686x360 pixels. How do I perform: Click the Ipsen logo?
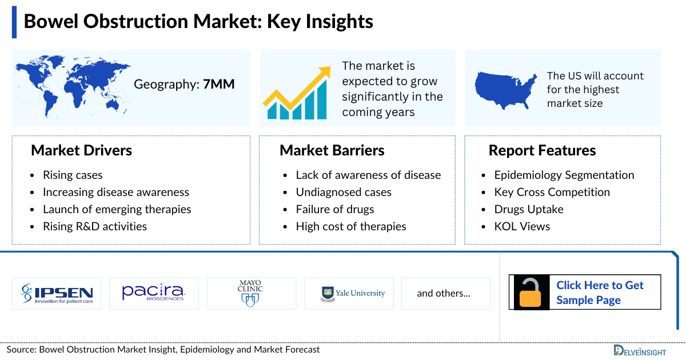[x=57, y=293]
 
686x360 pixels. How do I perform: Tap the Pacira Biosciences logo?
[x=154, y=293]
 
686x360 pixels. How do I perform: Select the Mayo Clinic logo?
[x=252, y=293]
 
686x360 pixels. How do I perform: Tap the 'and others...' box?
[x=444, y=293]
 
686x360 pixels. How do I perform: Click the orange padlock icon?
[x=530, y=293]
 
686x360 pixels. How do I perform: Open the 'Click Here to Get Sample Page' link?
[x=600, y=293]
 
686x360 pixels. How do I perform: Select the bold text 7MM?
[x=219, y=85]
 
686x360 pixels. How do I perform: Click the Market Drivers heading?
[x=81, y=150]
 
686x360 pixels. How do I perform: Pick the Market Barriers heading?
[x=332, y=150]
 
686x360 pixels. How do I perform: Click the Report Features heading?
[x=542, y=150]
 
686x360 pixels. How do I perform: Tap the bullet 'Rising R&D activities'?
[x=95, y=226]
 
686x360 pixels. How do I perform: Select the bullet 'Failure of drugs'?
[x=335, y=209]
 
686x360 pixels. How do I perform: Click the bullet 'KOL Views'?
[x=522, y=226]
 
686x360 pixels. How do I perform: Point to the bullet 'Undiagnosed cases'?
[x=344, y=192]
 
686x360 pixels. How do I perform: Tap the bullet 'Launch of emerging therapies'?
[x=117, y=209]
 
